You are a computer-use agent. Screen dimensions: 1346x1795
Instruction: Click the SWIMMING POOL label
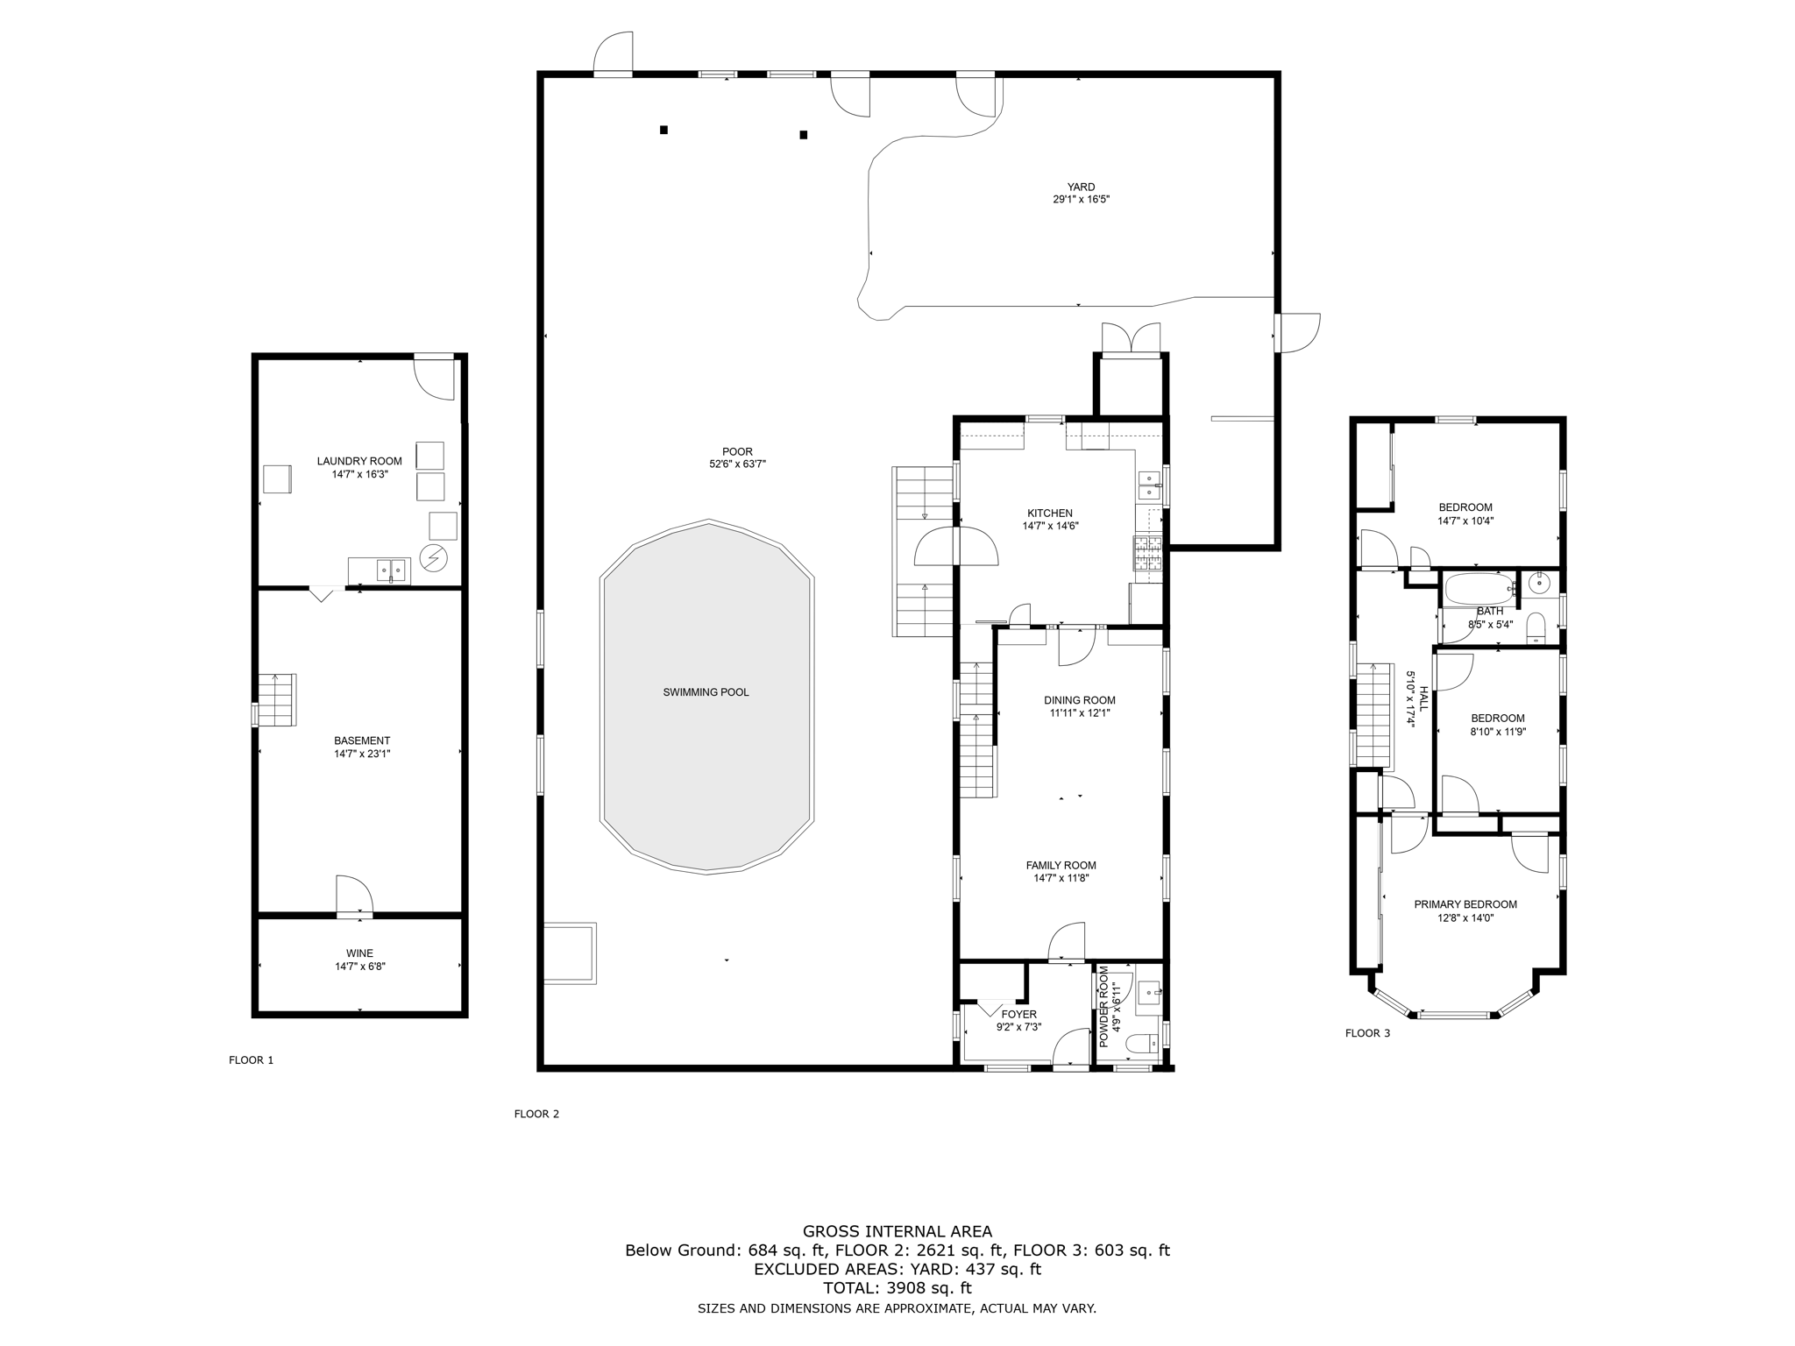pos(706,692)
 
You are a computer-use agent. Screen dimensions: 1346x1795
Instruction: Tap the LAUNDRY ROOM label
pos(359,461)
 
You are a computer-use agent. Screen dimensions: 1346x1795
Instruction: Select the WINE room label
pos(359,953)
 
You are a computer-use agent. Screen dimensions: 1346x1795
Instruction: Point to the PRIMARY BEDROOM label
pos(1465,904)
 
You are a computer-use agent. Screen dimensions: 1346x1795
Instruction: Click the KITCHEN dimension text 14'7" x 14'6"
pos(1049,527)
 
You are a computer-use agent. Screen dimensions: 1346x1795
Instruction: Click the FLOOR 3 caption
pos(1367,1033)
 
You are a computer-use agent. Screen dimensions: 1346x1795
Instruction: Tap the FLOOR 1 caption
pos(251,1060)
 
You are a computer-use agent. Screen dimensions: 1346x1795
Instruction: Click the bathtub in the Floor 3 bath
pos(1479,588)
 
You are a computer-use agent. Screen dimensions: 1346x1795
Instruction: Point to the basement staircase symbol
pos(277,699)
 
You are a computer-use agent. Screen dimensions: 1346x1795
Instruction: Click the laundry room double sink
pos(391,570)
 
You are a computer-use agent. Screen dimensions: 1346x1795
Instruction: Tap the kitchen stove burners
pos(1147,555)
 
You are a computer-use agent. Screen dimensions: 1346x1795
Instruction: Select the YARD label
pos(1081,187)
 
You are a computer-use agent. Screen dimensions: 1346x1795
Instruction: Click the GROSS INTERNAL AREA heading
pos(897,1231)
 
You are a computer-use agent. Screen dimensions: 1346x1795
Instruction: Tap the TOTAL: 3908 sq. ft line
pos(897,1288)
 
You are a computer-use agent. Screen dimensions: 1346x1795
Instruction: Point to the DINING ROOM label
pos(1079,700)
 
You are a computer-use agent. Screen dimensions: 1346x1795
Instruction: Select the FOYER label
pos(1018,1015)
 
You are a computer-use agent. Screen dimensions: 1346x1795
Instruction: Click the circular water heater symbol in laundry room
pos(434,557)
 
